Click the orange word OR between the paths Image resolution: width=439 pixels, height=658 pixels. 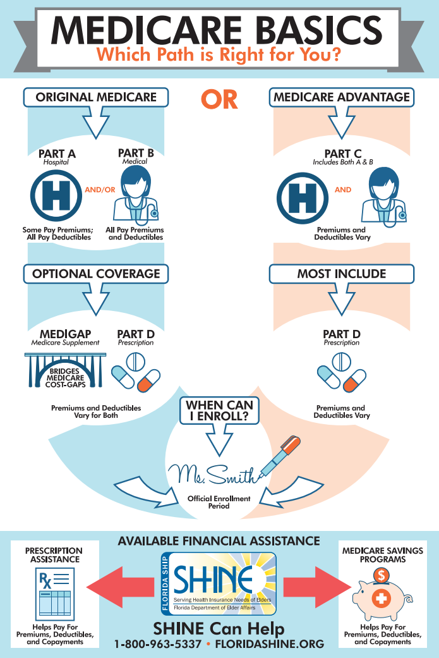click(219, 99)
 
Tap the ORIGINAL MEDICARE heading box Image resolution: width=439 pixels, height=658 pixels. click(96, 97)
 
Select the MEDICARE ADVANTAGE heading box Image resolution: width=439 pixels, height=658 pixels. click(342, 97)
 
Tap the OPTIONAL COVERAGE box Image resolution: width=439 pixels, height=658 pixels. click(96, 274)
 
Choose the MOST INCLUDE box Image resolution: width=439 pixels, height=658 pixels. click(342, 274)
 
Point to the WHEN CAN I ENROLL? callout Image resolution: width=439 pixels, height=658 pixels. click(219, 410)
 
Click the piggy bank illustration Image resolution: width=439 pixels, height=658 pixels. click(382, 597)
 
